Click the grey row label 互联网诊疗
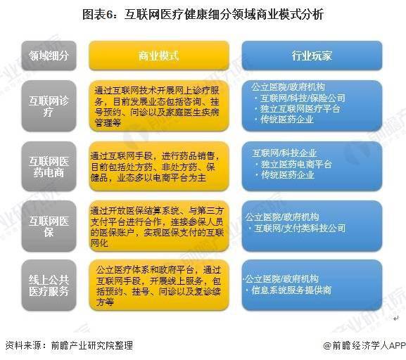[x=49, y=105]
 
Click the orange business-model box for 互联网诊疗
[x=158, y=105]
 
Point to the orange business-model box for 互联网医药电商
[x=158, y=164]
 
